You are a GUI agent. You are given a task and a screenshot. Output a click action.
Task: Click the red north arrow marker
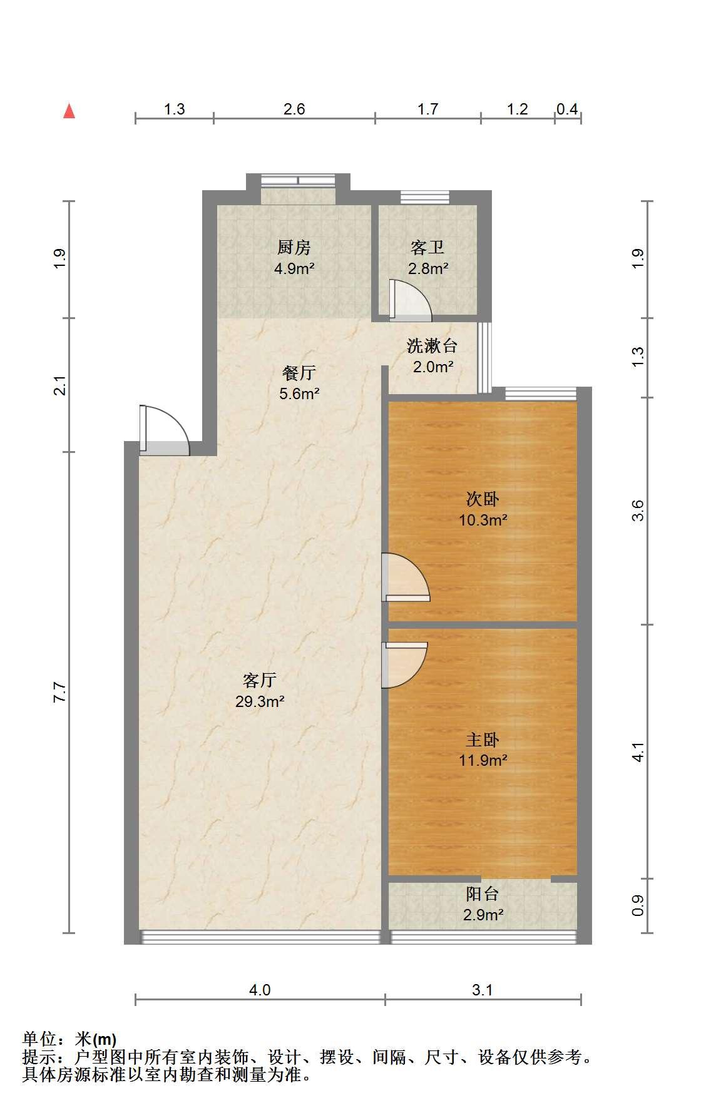point(69,111)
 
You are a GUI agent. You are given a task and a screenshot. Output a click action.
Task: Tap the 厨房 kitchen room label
point(294,248)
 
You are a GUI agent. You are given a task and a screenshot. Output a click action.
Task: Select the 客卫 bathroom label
point(427,248)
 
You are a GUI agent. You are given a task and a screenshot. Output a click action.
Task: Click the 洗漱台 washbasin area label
point(432,345)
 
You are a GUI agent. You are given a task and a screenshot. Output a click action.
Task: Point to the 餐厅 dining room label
point(299,374)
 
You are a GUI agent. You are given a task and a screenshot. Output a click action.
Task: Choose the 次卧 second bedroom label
point(483,499)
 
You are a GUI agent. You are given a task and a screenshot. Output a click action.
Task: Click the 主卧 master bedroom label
point(483,740)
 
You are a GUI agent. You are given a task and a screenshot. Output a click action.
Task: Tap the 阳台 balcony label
point(483,895)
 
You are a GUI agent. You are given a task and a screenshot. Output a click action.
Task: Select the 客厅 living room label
point(260,680)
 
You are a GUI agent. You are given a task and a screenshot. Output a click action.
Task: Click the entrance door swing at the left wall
point(164,430)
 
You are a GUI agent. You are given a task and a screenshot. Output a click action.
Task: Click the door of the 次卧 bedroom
point(406,577)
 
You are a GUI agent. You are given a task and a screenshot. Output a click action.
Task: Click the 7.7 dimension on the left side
point(59,693)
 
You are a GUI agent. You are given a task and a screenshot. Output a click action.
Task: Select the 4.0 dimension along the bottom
point(260,990)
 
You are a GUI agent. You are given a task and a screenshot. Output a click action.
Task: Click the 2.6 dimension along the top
point(294,109)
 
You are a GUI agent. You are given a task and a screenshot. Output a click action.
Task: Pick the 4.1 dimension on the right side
point(638,752)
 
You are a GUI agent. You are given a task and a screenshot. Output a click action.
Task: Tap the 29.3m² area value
point(260,701)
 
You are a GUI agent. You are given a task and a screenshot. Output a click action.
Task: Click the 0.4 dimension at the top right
point(567,109)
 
